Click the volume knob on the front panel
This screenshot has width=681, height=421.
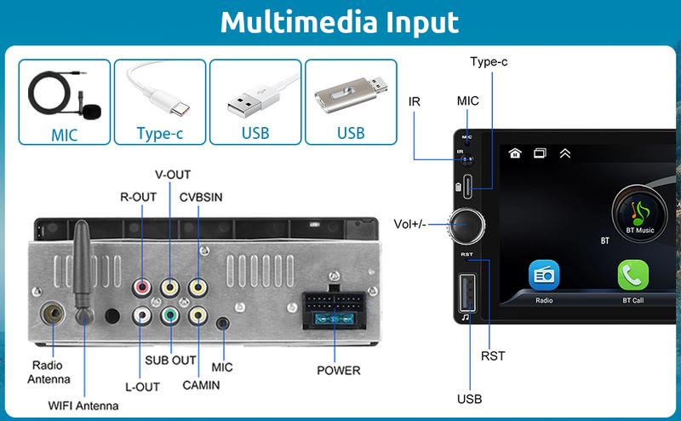[468, 224]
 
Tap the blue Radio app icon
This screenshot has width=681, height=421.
[544, 275]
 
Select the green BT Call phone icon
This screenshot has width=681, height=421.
[632, 275]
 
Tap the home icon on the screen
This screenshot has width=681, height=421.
[514, 153]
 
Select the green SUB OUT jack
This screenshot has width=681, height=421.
[170, 316]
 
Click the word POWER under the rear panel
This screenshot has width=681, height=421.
[338, 371]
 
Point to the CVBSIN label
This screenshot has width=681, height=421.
[201, 198]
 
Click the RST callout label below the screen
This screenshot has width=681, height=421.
[493, 355]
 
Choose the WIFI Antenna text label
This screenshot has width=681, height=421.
[83, 406]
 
